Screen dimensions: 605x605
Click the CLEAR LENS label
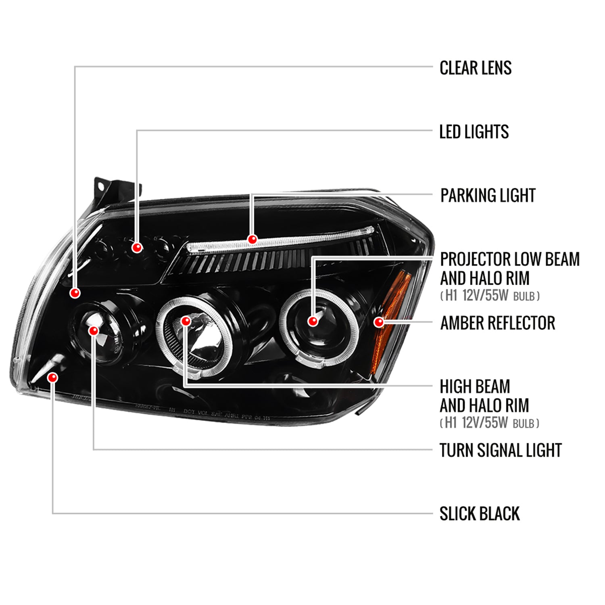coord(475,68)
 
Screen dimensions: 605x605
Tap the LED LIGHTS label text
coord(474,132)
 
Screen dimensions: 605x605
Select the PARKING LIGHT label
coord(488,196)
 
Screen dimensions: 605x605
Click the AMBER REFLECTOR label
coord(497,323)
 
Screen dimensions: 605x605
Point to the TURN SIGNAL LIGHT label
coord(500,450)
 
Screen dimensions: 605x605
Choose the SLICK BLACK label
coord(479,514)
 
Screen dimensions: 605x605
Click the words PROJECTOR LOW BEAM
coord(509,259)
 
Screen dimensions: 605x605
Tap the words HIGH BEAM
coord(475,386)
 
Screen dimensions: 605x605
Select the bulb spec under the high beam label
coord(490,423)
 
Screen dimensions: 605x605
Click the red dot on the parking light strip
coord(252,240)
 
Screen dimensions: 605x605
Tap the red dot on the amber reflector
coord(379,322)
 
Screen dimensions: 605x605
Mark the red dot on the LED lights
coord(137,247)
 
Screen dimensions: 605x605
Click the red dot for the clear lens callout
coord(75,293)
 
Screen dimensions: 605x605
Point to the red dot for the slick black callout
coord(52,378)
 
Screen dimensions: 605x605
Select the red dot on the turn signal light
coord(94,331)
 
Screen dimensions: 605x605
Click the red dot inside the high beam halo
coord(186,321)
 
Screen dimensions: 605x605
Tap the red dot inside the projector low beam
coord(313,321)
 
